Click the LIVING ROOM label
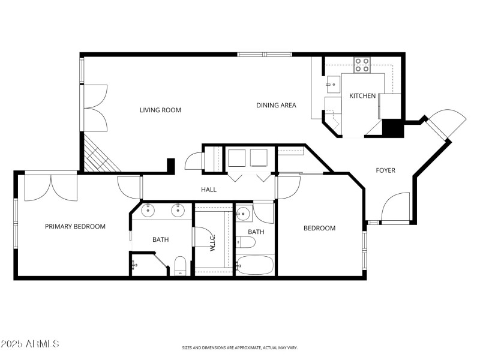click(x=160, y=110)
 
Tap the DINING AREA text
click(x=276, y=106)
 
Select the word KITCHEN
click(x=362, y=96)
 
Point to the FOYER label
click(x=385, y=170)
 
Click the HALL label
click(x=209, y=190)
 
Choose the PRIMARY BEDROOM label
click(x=75, y=227)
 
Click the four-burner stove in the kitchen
click(x=361, y=65)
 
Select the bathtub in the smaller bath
click(x=256, y=264)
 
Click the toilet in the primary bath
click(x=181, y=265)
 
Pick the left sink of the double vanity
click(x=148, y=211)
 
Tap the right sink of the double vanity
click(x=178, y=211)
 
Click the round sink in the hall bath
click(x=244, y=214)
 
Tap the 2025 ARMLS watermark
click(x=30, y=344)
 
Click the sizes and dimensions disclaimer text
click(x=240, y=347)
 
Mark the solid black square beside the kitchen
click(x=394, y=128)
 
